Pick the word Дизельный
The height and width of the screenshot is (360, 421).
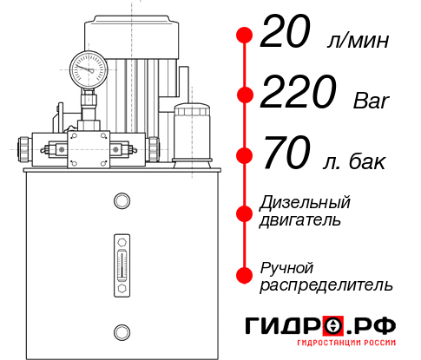pos(306,202)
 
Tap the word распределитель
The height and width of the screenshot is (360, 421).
pos(326,285)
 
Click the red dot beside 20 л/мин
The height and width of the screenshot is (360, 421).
pos(245,36)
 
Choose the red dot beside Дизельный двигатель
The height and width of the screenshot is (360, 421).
pos(245,211)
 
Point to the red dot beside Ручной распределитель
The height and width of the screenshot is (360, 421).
pos(245,275)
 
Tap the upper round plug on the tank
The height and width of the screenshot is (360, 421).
pos(122,201)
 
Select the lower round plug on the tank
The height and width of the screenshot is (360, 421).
pos(122,330)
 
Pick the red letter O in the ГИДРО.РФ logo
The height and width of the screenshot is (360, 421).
pos(333,326)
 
